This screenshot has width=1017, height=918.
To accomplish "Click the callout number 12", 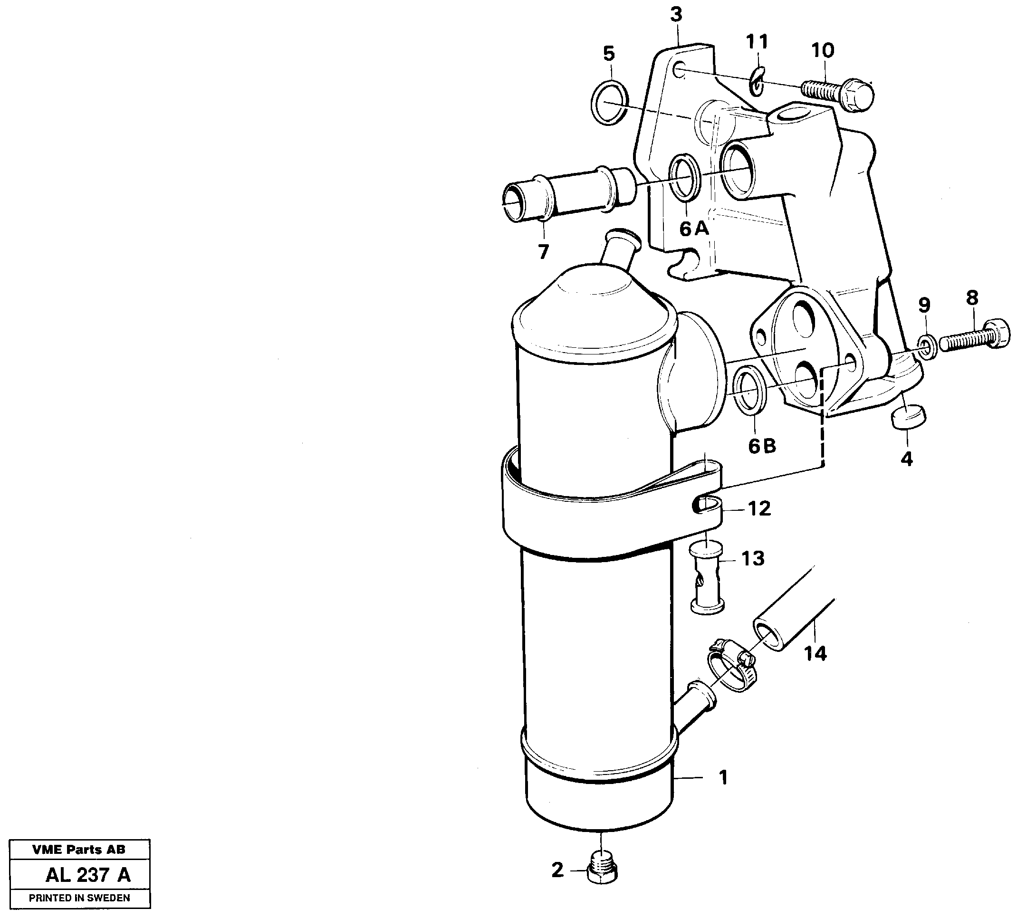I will point(759,509).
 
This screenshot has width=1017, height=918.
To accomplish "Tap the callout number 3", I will point(676,16).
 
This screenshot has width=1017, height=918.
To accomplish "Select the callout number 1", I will point(723,778).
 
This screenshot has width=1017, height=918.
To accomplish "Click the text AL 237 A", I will point(88,875).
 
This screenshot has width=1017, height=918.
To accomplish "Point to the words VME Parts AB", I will point(79,850).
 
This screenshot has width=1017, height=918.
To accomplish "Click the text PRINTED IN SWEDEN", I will point(79,898).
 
